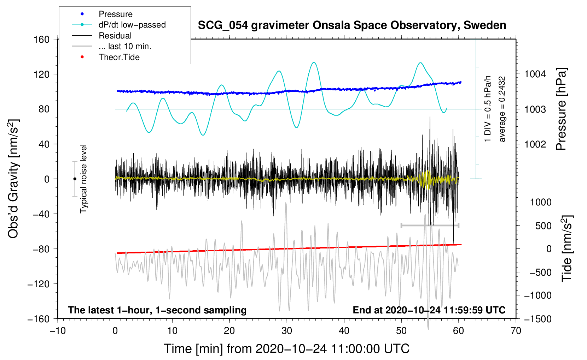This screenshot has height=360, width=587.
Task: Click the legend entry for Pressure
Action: [115, 14]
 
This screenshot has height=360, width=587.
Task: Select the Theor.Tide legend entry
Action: [119, 57]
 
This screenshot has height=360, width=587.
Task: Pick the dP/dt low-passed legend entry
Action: [132, 25]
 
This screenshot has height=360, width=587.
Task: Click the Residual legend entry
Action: [115, 36]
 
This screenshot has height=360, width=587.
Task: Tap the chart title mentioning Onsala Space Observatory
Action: [352, 25]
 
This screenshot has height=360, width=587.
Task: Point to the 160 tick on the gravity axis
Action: [42, 39]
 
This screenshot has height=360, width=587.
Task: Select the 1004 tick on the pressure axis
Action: [535, 74]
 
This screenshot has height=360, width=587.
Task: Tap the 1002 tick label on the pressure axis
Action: [535, 144]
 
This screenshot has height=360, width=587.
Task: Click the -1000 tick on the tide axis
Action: [537, 295]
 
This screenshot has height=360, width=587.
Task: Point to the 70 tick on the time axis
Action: [516, 331]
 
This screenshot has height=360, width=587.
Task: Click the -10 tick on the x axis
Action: [58, 331]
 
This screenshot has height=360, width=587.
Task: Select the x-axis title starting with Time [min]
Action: [287, 349]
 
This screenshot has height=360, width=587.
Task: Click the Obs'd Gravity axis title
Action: [13, 179]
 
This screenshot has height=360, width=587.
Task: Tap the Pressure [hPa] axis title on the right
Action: [561, 109]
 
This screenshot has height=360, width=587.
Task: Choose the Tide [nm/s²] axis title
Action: [567, 248]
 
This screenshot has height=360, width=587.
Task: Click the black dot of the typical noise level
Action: [75, 179]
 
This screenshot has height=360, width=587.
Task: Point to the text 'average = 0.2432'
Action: [502, 109]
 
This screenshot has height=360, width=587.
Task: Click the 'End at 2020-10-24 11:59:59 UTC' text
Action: [429, 310]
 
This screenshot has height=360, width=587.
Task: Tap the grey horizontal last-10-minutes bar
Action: [430, 225]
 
